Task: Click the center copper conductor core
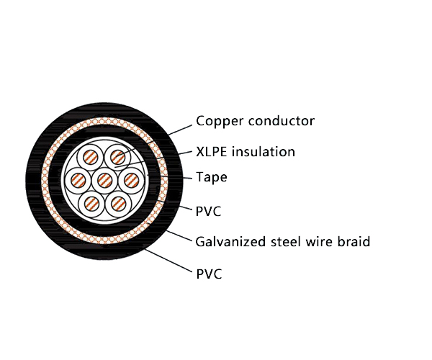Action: click(105, 179)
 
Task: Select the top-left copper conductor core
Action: click(91, 157)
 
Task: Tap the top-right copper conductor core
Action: click(118, 156)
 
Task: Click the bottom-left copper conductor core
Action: click(91, 202)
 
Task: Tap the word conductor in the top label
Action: click(282, 121)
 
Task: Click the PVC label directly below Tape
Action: click(209, 211)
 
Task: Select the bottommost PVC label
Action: click(209, 274)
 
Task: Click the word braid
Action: click(353, 242)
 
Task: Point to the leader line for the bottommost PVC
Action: click(169, 261)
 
